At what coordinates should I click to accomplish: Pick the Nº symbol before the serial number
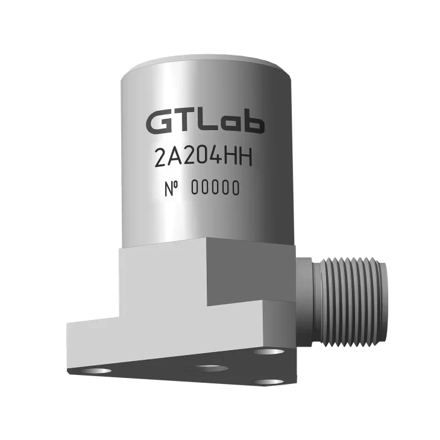[x=172, y=189]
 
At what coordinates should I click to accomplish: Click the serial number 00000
[x=215, y=189]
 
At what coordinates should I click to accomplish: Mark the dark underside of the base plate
[x=181, y=392]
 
